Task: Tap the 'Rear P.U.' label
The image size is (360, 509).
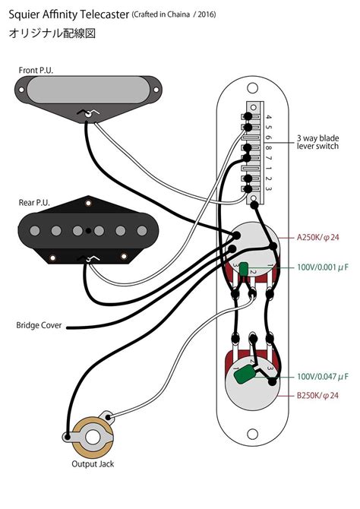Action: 34,203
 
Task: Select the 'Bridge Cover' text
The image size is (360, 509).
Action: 38,327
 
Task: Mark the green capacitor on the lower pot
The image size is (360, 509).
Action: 245,375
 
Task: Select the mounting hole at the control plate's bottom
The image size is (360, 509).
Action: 251,434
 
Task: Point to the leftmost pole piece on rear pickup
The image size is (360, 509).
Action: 34,229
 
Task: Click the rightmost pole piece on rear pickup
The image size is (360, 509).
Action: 140,229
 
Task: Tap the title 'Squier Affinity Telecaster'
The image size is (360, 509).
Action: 69,14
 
